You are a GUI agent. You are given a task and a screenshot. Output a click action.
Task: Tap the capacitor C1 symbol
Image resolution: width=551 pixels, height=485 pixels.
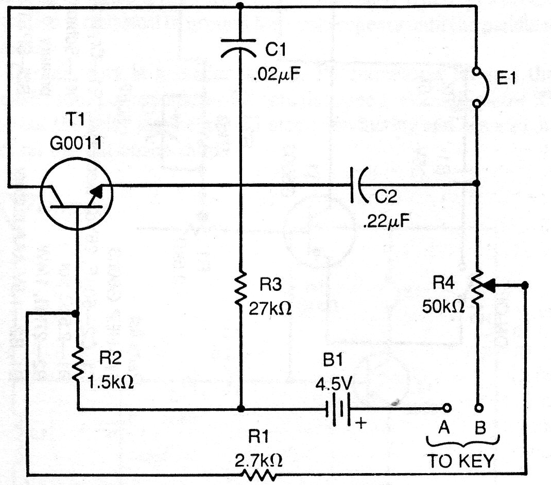238,48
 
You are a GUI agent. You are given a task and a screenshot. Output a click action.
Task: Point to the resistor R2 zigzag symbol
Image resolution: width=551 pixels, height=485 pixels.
78,365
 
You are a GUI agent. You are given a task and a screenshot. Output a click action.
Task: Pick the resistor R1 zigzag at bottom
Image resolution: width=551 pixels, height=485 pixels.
259,476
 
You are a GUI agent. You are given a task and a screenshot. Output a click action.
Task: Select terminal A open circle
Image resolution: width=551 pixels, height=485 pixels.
447,408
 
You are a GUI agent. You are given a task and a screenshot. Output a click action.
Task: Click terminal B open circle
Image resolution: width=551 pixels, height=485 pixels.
479,408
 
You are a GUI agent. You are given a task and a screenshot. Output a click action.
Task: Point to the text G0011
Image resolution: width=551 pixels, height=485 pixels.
76,144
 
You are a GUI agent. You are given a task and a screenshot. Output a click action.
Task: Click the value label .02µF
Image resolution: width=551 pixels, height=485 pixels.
277,75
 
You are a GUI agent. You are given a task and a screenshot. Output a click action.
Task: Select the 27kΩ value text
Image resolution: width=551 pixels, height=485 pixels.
270,308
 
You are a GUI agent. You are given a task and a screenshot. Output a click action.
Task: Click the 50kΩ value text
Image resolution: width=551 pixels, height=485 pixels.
443,306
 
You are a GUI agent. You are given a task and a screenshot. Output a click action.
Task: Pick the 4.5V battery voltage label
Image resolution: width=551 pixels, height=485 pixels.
333,384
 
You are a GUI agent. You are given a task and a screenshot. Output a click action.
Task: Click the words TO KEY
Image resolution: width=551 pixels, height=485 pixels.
461,461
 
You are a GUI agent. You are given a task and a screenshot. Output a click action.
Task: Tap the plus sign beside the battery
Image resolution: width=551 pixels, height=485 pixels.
361,423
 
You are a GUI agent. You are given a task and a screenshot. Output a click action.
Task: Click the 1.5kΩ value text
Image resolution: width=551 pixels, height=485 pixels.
110,382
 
